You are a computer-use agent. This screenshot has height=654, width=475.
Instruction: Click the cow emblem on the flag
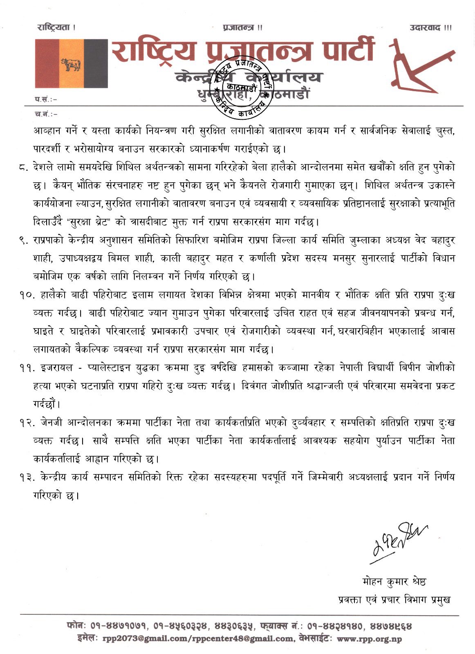pyautogui.click(x=71, y=64)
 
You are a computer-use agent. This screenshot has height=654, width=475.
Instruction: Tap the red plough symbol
pyautogui.click(x=421, y=66)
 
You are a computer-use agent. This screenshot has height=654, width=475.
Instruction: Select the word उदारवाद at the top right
pyautogui.click(x=426, y=28)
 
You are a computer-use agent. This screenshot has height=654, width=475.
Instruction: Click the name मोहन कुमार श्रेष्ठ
pyautogui.click(x=394, y=581)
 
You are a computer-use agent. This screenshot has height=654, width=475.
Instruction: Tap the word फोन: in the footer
pyautogui.click(x=76, y=626)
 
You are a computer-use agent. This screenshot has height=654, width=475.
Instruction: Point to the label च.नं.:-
pyautogui.click(x=46, y=114)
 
